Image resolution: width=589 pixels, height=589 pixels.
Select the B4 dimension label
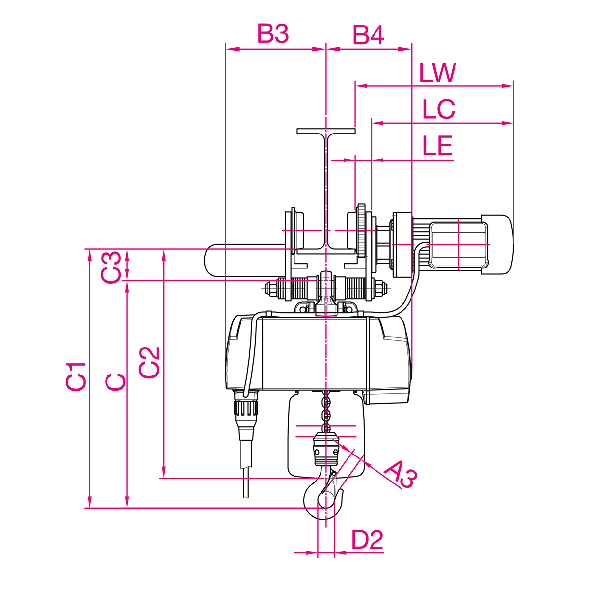coord(368,35)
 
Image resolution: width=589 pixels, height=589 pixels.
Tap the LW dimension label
coord(438,73)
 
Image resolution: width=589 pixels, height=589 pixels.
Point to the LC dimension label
coord(439,109)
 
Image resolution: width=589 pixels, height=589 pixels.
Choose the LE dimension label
coord(437,145)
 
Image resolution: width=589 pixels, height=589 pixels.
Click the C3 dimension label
coord(110,267)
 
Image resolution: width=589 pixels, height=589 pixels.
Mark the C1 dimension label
coord(76,376)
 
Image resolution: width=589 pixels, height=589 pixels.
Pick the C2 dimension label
coord(149,363)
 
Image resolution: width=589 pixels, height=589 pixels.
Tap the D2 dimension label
coord(367,540)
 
